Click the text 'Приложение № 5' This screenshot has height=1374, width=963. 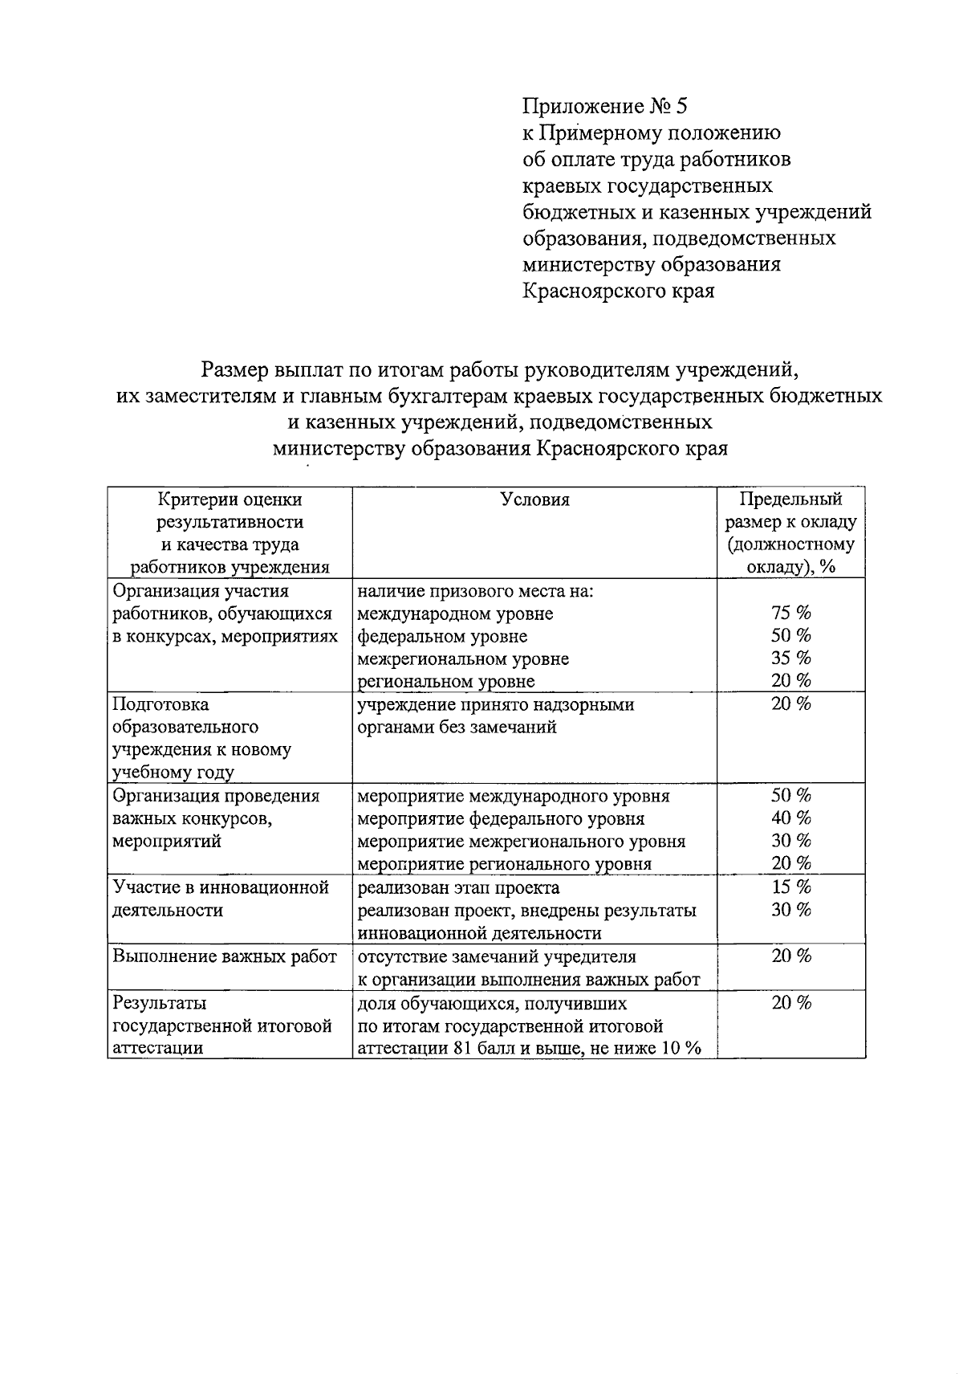click(x=605, y=106)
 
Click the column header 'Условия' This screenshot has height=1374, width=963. click(x=534, y=499)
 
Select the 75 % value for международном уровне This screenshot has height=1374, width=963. click(x=790, y=613)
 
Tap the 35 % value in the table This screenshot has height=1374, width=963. click(x=790, y=658)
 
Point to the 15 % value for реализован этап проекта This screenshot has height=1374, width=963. click(x=790, y=887)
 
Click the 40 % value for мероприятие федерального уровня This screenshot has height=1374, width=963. click(x=790, y=817)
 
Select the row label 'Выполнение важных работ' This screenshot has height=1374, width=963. click(x=225, y=956)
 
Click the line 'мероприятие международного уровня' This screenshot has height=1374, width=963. click(x=513, y=796)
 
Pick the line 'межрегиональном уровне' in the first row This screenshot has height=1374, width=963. click(x=463, y=658)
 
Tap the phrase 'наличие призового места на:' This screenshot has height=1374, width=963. click(x=475, y=591)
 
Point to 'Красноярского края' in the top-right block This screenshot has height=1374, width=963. click(x=618, y=291)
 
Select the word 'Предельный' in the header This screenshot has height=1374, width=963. click(x=790, y=499)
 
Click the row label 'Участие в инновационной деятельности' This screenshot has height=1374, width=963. click(x=221, y=898)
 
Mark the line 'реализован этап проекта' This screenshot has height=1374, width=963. click(x=458, y=887)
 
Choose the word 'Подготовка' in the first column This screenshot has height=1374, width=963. click(x=160, y=704)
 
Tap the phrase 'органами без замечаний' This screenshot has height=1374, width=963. click(x=457, y=728)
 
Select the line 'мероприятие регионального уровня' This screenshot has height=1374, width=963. click(x=504, y=864)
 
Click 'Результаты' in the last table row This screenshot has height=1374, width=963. click(x=160, y=1002)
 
